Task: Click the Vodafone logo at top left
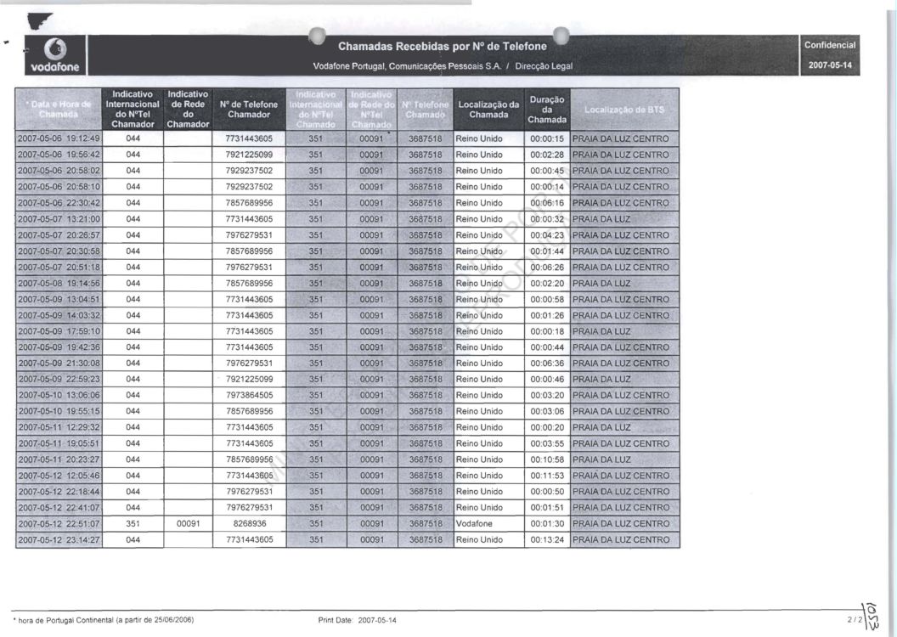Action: (54, 54)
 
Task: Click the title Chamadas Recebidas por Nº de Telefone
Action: (442, 46)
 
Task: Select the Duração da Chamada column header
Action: (546, 110)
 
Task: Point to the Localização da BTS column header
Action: (624, 110)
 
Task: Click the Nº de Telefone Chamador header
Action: (249, 110)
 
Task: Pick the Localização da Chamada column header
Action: (488, 110)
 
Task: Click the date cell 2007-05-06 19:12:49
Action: (59, 138)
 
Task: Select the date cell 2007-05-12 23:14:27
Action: (59, 540)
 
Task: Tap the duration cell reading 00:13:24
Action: (547, 540)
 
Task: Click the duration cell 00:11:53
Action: (547, 476)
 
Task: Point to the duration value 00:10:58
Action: (547, 459)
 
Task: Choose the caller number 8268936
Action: (249, 524)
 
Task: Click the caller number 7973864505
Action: (249, 396)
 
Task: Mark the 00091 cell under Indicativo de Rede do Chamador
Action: (188, 524)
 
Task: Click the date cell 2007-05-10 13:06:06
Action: (59, 396)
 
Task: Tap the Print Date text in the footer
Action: (357, 620)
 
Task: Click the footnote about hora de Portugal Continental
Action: (103, 620)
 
